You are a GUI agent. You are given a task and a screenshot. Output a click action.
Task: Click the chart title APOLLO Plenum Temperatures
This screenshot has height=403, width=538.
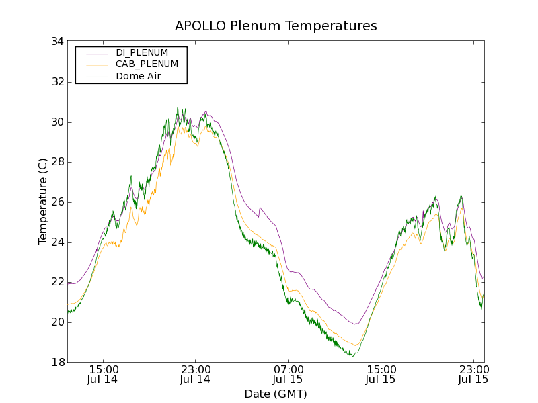point(276,26)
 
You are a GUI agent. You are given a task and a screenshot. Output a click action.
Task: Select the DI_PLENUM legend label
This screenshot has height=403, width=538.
point(142,52)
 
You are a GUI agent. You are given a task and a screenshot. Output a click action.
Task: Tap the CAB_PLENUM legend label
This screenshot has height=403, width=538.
point(147,64)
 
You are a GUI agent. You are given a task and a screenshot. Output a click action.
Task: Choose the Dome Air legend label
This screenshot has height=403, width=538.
point(138,77)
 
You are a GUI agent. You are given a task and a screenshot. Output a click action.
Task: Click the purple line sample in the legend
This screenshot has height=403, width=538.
point(95,52)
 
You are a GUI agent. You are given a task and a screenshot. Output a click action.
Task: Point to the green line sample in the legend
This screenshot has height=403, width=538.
point(95,77)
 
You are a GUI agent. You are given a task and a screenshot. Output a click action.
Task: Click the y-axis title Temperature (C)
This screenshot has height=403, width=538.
point(43,201)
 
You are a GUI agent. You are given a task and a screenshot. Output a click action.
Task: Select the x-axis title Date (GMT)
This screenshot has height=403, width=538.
point(276,394)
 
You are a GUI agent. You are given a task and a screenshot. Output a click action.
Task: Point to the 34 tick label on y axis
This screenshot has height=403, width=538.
point(56,42)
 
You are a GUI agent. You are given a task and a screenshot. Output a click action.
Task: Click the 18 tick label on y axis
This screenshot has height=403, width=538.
point(56,363)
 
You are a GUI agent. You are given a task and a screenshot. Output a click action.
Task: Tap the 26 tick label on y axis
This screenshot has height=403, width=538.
point(56,202)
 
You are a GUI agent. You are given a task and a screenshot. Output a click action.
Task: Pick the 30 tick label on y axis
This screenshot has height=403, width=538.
point(56,122)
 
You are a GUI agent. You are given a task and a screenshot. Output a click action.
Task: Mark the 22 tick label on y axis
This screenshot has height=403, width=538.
point(56,282)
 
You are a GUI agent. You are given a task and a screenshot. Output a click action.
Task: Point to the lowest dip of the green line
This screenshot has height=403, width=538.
point(352,355)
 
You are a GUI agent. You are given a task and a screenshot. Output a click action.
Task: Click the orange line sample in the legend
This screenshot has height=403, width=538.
point(95,64)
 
